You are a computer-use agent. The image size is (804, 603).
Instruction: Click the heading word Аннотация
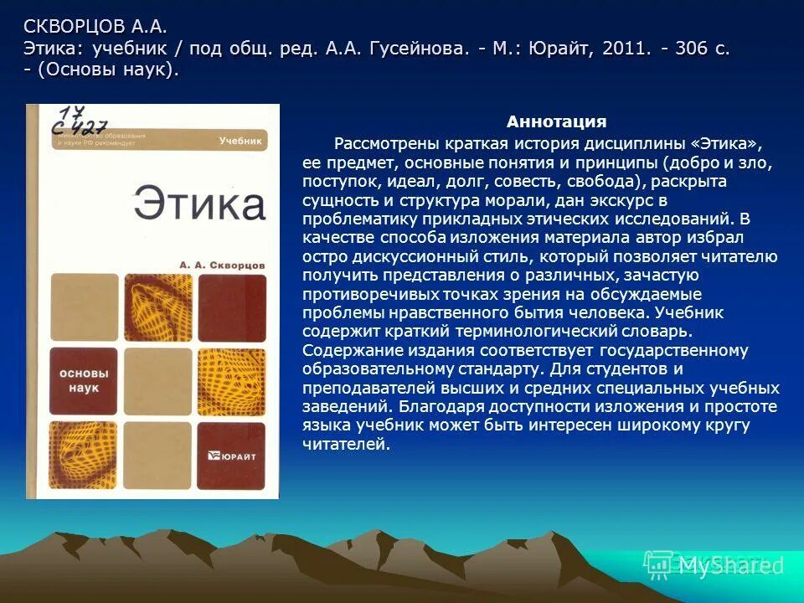coord(556,122)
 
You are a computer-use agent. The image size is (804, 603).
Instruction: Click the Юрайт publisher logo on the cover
coord(232,456)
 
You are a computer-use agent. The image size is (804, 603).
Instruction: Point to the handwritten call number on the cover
coord(80,121)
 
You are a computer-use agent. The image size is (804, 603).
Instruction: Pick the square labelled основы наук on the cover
coord(84,379)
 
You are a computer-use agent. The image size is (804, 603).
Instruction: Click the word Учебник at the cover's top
coord(240,142)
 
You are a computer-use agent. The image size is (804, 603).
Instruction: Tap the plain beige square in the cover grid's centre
coord(158,379)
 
